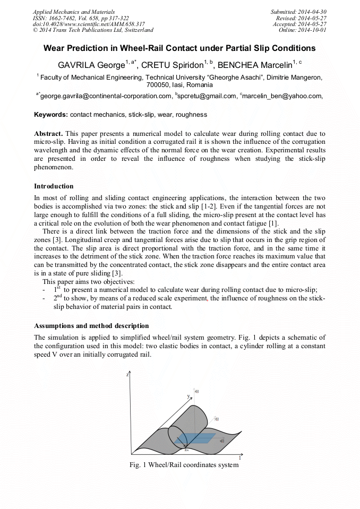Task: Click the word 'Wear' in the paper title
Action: coord(55,48)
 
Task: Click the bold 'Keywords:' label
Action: coord(51,115)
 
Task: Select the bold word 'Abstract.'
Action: coord(49,133)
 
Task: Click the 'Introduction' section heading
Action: coord(54,186)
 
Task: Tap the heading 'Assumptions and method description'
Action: coord(91,325)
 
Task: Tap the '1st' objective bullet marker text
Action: coord(57,290)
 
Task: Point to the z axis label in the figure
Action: coord(128,375)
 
